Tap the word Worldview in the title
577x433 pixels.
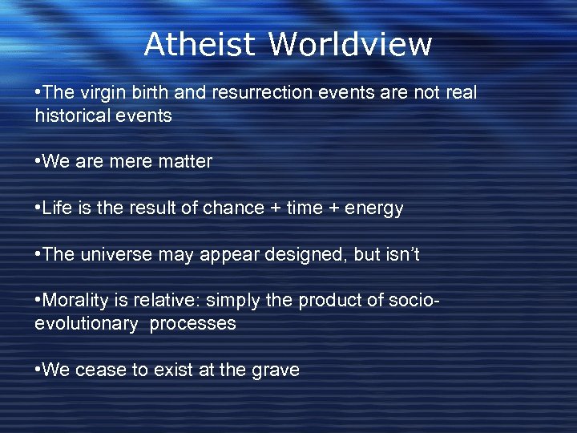pyautogui.click(x=350, y=44)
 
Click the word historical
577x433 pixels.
pyautogui.click(x=71, y=115)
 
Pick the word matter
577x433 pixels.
pyautogui.click(x=186, y=162)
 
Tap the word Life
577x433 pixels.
pyautogui.click(x=57, y=208)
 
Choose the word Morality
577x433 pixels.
pyautogui.click(x=78, y=301)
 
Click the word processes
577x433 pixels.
pyautogui.click(x=197, y=324)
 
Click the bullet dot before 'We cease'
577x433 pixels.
pyautogui.click(x=38, y=370)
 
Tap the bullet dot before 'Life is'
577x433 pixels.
pyautogui.click(x=38, y=208)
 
